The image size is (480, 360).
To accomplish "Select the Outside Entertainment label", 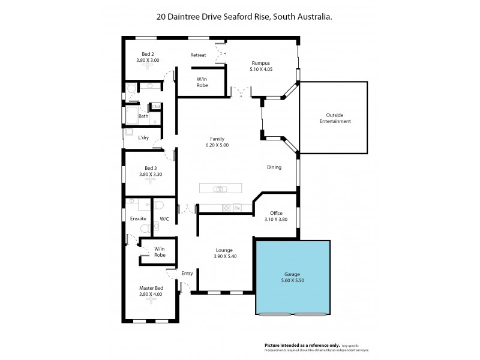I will (x=338, y=118).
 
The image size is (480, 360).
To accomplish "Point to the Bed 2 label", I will (x=148, y=54).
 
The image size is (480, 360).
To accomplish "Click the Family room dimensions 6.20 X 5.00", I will (x=217, y=145).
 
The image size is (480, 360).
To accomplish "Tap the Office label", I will (x=276, y=213).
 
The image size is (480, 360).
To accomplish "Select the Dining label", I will (x=274, y=167).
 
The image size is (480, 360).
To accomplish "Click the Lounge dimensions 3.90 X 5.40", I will (x=225, y=256).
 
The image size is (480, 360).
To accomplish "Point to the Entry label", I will (x=187, y=274).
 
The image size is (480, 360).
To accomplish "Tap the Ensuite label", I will (x=138, y=218).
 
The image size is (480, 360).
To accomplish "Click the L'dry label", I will (x=143, y=138).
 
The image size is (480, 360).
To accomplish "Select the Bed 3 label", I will (x=151, y=168).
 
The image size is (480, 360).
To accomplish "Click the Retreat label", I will (x=198, y=55).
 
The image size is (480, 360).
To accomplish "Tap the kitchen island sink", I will (x=220, y=190).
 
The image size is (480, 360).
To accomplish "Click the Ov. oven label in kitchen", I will (x=237, y=208).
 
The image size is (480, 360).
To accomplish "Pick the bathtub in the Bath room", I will (x=131, y=115).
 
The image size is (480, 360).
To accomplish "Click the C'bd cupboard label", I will (x=156, y=106).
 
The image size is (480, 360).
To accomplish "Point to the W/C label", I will (x=164, y=218).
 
